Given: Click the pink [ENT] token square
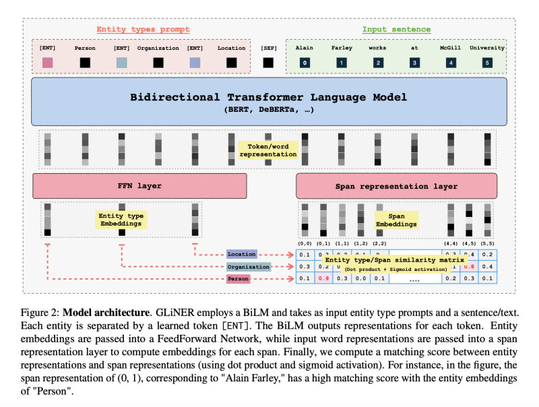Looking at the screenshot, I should [x=47, y=63].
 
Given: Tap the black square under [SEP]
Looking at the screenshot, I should [x=268, y=63].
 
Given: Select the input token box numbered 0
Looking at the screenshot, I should [x=305, y=63].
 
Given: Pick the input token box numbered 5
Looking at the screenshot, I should [x=486, y=63].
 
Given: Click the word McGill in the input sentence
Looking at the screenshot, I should [x=450, y=48].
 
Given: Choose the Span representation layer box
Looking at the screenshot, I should [x=397, y=185].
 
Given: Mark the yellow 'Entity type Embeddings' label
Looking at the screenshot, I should [x=121, y=220].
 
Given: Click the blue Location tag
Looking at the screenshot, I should [x=241, y=254].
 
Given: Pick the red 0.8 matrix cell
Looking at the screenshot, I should [x=469, y=266].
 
